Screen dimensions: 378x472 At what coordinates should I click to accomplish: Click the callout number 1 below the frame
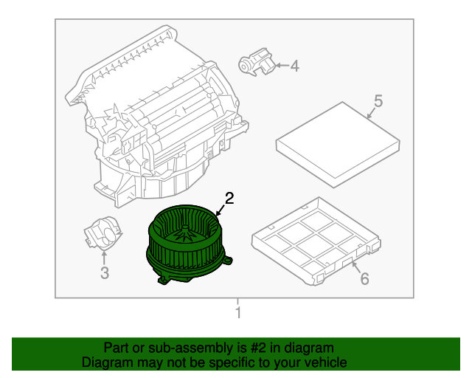pos(237,314)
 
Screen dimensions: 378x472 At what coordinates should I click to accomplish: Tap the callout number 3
pos(104,274)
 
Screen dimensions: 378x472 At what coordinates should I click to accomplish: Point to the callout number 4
pos(294,66)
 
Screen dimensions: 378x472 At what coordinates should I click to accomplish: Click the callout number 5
pos(377,100)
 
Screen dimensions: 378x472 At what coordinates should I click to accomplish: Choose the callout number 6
pos(363,278)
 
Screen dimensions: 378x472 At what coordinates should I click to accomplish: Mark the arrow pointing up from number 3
pos(104,258)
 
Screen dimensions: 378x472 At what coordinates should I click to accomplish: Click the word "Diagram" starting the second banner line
pos(104,362)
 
